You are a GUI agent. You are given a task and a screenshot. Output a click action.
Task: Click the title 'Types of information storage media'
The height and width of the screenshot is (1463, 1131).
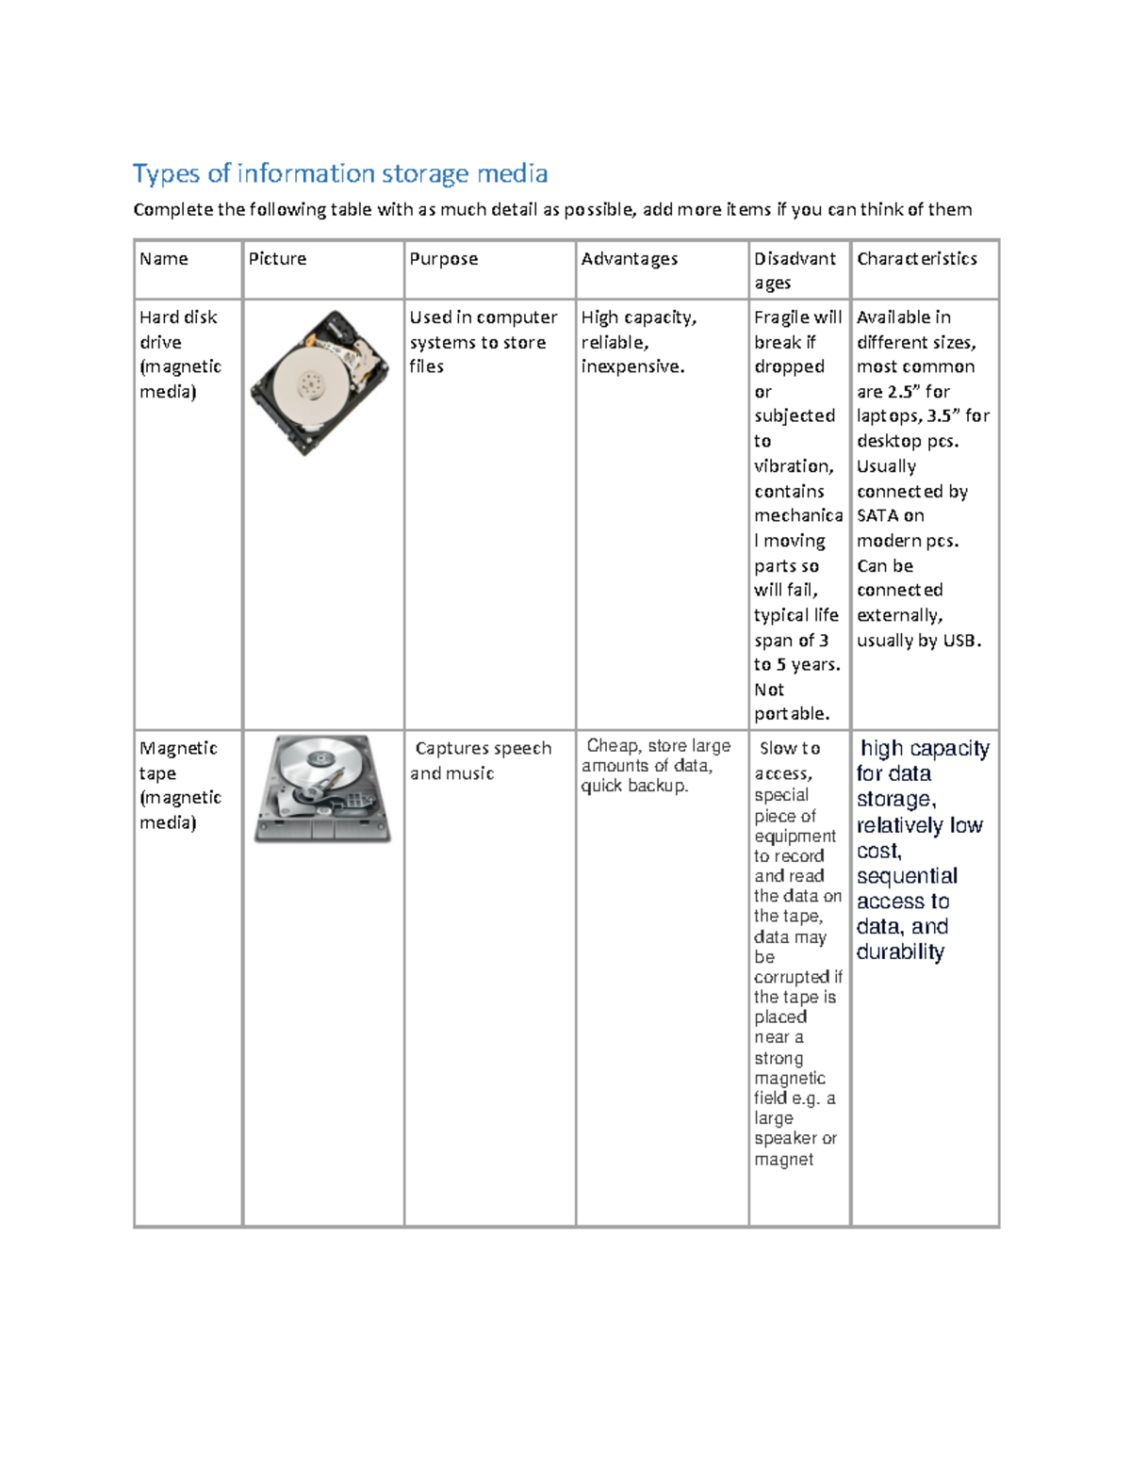(x=340, y=174)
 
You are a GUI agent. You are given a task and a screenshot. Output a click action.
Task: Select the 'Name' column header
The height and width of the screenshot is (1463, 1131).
(x=164, y=259)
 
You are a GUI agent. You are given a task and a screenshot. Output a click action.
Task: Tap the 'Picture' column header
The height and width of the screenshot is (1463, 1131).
(x=277, y=259)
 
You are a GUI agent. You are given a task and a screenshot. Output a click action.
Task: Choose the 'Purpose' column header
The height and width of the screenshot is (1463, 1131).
(x=443, y=259)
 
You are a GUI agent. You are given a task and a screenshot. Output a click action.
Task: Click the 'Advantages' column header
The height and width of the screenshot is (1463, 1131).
(x=630, y=259)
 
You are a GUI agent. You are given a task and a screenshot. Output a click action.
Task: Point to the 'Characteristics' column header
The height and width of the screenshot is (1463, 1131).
(x=916, y=259)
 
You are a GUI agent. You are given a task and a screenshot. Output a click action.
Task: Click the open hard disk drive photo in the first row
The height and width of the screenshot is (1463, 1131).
(x=320, y=382)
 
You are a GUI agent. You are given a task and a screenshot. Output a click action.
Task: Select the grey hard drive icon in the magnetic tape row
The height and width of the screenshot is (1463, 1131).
(x=322, y=788)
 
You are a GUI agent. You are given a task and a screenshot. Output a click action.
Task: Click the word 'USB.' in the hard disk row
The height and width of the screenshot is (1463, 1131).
(x=962, y=641)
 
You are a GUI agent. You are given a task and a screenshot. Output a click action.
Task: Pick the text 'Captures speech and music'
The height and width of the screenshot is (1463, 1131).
(x=482, y=760)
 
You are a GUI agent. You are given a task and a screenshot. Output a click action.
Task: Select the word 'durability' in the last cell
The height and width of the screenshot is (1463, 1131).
(x=900, y=952)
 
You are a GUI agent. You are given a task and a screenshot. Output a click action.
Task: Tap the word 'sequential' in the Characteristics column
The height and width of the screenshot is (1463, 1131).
(x=907, y=876)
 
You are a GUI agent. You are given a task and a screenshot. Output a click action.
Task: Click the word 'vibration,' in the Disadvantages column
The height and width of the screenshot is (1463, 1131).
(x=794, y=466)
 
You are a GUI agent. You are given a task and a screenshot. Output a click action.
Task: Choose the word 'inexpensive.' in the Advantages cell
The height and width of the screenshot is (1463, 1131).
(x=632, y=366)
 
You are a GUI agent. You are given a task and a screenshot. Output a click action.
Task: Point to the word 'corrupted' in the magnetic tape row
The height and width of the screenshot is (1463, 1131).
(x=792, y=977)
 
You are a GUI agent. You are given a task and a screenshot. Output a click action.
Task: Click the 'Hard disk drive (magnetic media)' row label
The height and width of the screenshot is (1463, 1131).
(x=180, y=354)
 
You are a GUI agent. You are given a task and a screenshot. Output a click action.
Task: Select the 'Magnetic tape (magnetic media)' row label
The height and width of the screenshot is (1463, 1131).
(x=180, y=785)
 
